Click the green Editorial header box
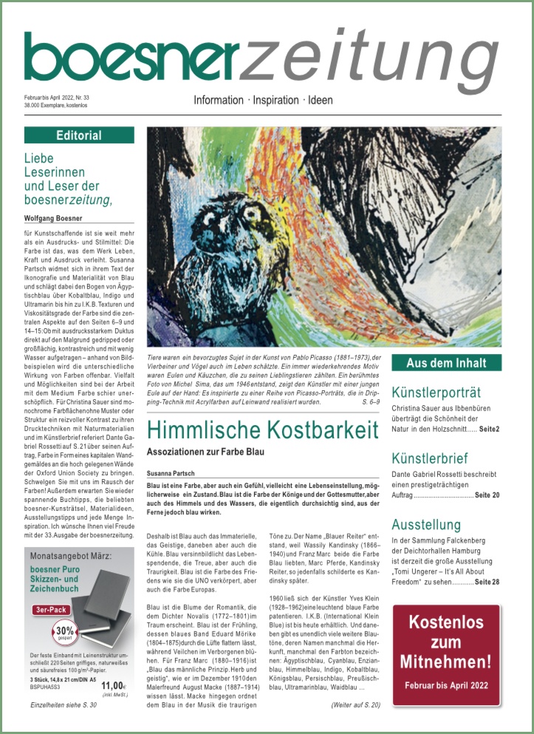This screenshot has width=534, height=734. (x=79, y=135)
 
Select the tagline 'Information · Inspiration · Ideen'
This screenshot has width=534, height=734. (x=263, y=100)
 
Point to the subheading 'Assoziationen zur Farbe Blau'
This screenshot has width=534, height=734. (x=216, y=452)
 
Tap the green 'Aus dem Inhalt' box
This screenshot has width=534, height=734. (x=447, y=363)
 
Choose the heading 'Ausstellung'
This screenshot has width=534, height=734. (x=426, y=525)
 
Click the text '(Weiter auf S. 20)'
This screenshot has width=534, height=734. (x=355, y=705)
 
